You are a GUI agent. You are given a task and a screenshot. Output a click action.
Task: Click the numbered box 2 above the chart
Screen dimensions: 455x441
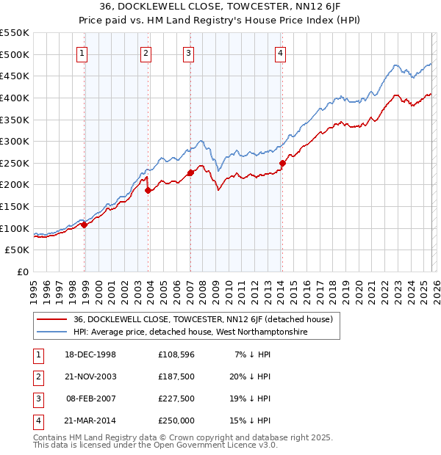146,53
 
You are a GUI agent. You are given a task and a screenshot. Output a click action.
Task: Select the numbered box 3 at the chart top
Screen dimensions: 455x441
188,53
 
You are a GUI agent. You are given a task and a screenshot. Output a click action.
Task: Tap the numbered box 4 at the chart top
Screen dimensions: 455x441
281,53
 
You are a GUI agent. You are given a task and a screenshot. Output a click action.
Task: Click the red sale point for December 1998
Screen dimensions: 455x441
85,225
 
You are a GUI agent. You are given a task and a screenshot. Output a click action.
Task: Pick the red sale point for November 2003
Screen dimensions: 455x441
148,190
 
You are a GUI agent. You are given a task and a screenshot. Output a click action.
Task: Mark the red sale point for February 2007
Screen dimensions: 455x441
190,172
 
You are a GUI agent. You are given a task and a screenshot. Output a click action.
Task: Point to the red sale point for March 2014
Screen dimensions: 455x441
282,163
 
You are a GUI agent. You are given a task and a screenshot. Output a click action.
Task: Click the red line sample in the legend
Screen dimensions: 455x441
51,319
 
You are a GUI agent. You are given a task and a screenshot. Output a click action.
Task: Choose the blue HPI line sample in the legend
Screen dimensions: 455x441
51,332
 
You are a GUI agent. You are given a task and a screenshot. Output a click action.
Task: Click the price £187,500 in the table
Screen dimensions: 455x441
176,376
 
